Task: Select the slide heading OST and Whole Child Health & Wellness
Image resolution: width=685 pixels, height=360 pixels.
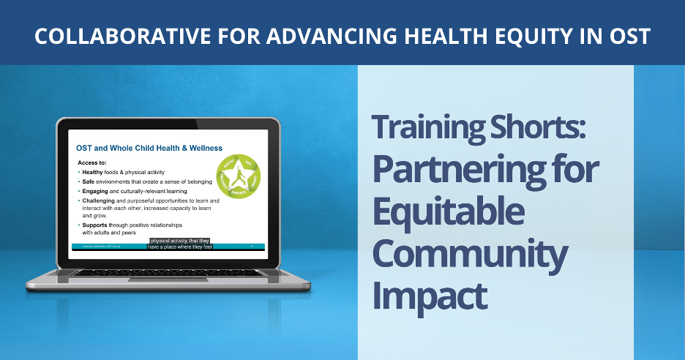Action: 150,148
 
